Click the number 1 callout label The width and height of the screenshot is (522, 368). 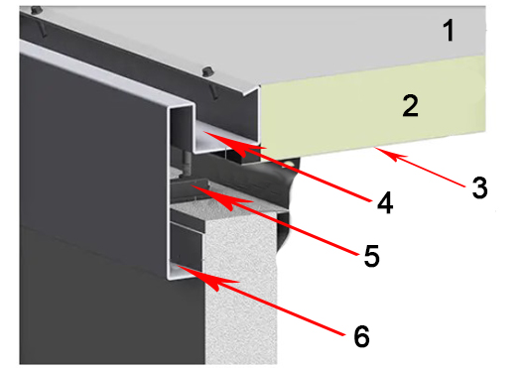click(450, 31)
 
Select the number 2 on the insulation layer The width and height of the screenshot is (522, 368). click(410, 105)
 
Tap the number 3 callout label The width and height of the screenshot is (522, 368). click(479, 187)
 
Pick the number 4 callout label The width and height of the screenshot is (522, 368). click(385, 202)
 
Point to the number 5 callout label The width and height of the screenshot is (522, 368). click(371, 255)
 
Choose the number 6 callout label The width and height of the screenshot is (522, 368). click(361, 336)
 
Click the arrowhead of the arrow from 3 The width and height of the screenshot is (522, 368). click(375, 148)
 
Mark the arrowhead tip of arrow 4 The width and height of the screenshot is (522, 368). click(203, 132)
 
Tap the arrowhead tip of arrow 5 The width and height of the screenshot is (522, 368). click(192, 186)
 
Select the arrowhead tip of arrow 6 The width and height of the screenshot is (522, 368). click(177, 266)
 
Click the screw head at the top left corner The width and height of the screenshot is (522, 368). click(37, 10)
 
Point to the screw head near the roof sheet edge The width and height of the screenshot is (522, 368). click(208, 71)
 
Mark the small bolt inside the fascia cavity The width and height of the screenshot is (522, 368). click(186, 161)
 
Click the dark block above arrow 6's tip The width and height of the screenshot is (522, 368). click(187, 245)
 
